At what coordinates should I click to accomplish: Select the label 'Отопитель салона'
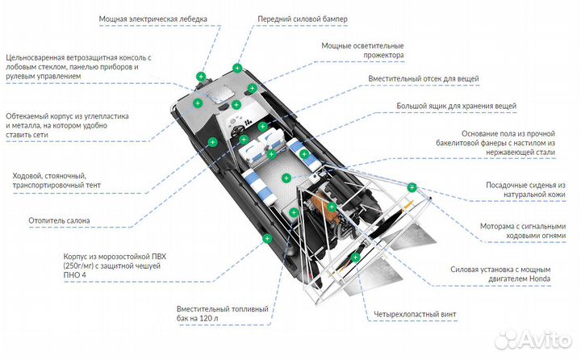pos(60,220)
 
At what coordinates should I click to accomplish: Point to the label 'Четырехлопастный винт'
pos(418,313)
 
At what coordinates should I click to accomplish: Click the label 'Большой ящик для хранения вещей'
pos(456,106)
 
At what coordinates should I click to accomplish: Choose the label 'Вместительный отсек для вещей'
pos(423,79)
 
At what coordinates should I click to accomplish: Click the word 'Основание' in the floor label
pos(482,133)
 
